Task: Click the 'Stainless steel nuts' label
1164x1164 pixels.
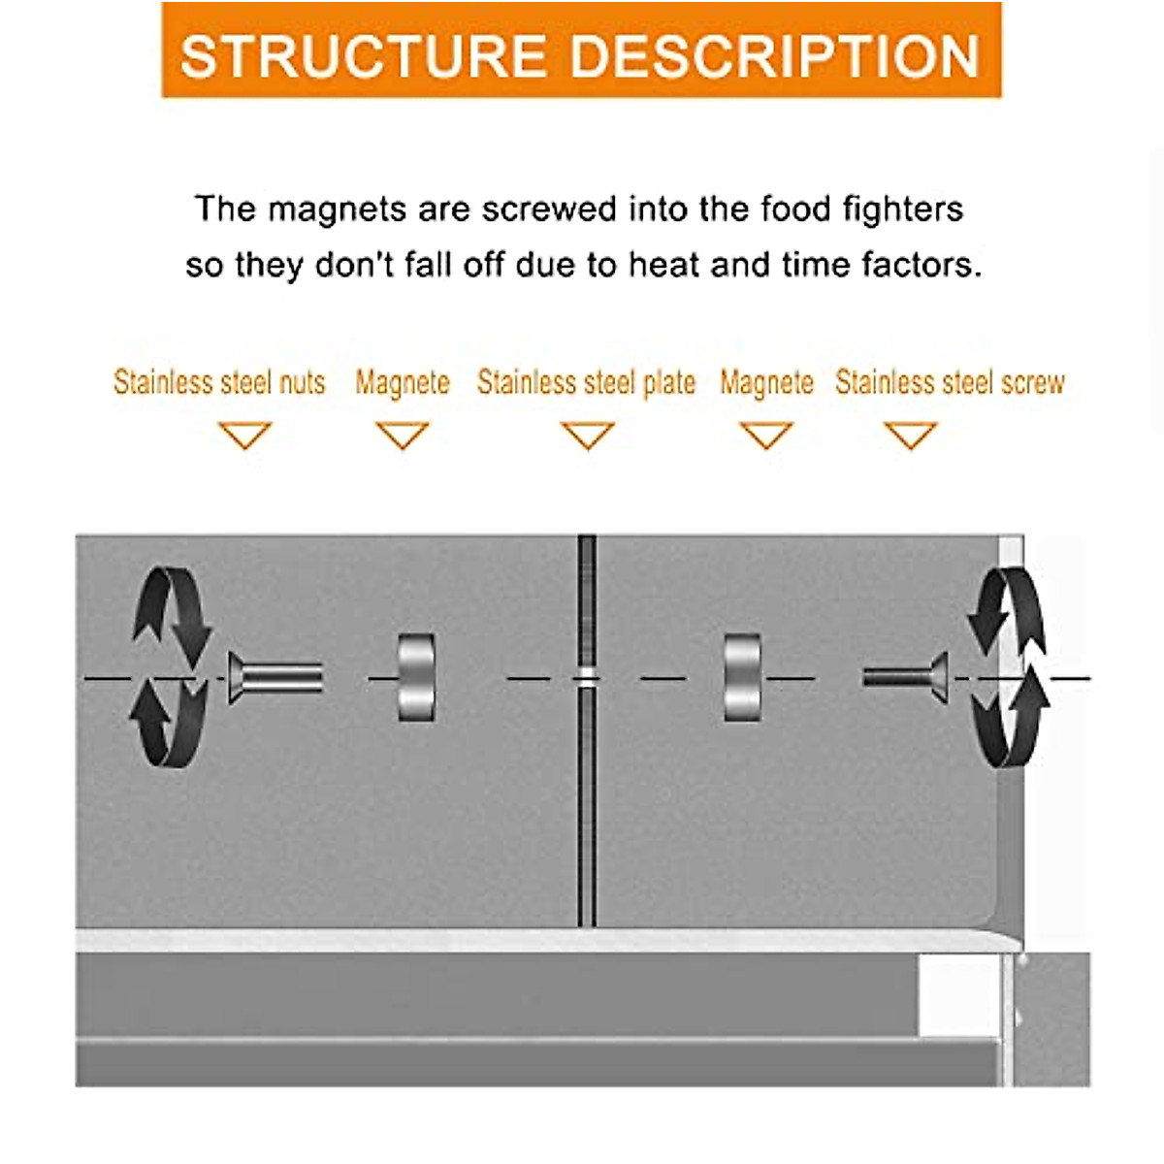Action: click(219, 382)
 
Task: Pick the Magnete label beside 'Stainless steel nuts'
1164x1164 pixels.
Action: click(402, 382)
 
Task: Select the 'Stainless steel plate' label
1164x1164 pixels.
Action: click(586, 382)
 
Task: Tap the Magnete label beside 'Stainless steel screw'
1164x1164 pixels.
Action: click(766, 382)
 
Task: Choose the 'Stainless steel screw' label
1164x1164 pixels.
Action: click(950, 382)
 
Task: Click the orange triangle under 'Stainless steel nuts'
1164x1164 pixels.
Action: click(244, 435)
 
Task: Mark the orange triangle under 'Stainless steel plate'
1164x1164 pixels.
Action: click(588, 435)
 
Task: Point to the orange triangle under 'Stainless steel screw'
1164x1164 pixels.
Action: click(911, 435)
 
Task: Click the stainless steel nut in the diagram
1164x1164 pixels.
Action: click(275, 677)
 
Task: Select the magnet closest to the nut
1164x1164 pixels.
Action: click(416, 677)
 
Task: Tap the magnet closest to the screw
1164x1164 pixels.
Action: click(742, 677)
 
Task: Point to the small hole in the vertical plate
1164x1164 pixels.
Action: click(586, 677)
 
